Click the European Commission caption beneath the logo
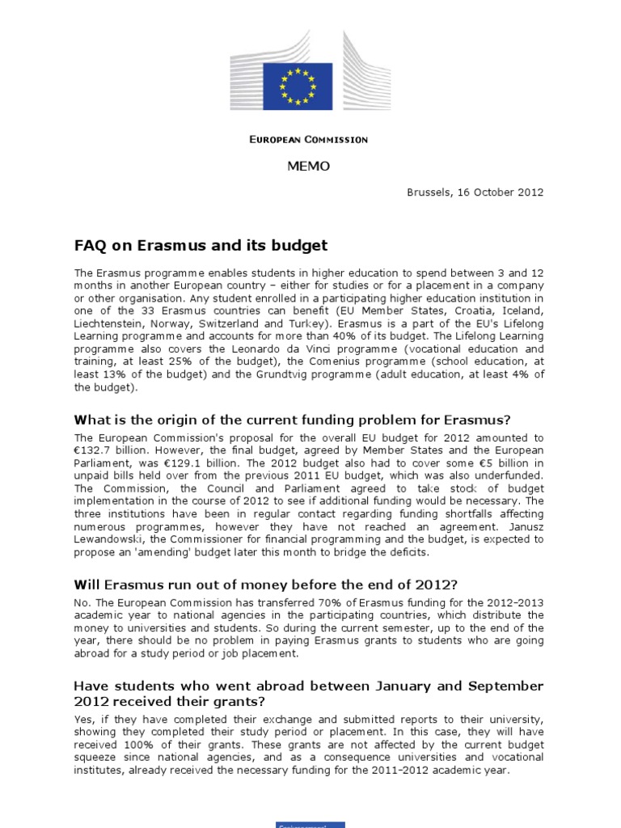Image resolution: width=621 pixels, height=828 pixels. coord(307,140)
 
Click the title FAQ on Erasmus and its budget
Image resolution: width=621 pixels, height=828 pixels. coord(201,245)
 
